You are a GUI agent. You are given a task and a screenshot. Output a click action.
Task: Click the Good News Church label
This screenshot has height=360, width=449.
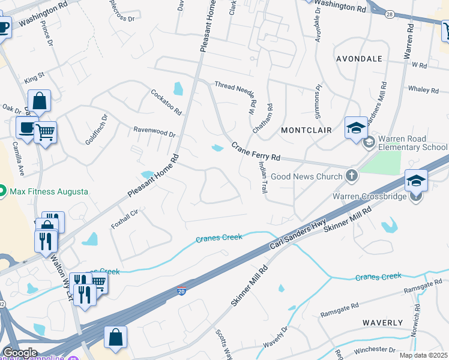[306, 176]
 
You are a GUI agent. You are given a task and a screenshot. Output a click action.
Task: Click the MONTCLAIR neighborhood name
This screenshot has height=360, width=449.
[306, 130]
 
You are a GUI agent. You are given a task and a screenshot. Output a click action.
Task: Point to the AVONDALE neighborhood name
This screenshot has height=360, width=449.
[359, 59]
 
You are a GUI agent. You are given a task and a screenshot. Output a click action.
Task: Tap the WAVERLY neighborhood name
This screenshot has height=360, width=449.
[382, 323]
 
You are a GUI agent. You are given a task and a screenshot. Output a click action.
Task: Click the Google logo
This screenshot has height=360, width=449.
[20, 353]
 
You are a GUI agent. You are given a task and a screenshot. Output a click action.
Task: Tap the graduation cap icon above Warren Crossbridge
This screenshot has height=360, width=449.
[416, 180]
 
